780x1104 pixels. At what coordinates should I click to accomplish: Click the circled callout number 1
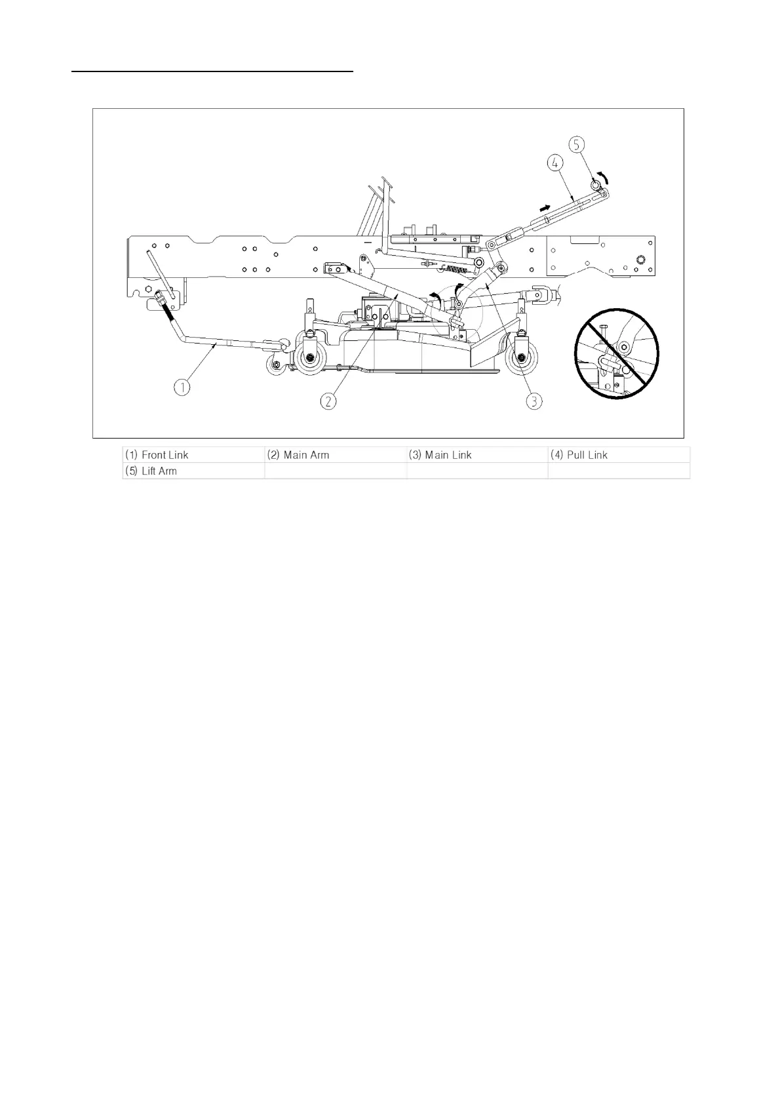[x=182, y=387]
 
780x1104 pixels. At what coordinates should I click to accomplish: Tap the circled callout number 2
[x=328, y=400]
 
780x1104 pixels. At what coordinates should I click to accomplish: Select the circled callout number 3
[x=534, y=400]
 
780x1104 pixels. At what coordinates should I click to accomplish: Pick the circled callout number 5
[x=576, y=144]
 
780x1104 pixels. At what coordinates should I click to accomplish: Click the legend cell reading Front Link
[x=193, y=455]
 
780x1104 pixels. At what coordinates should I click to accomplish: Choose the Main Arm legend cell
[x=335, y=455]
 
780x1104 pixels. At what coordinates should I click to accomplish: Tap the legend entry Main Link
[x=477, y=455]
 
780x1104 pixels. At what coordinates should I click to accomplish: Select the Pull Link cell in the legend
[x=619, y=455]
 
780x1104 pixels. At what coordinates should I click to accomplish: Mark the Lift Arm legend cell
[x=193, y=471]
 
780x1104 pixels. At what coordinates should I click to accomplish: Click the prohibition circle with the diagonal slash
[x=616, y=353]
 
